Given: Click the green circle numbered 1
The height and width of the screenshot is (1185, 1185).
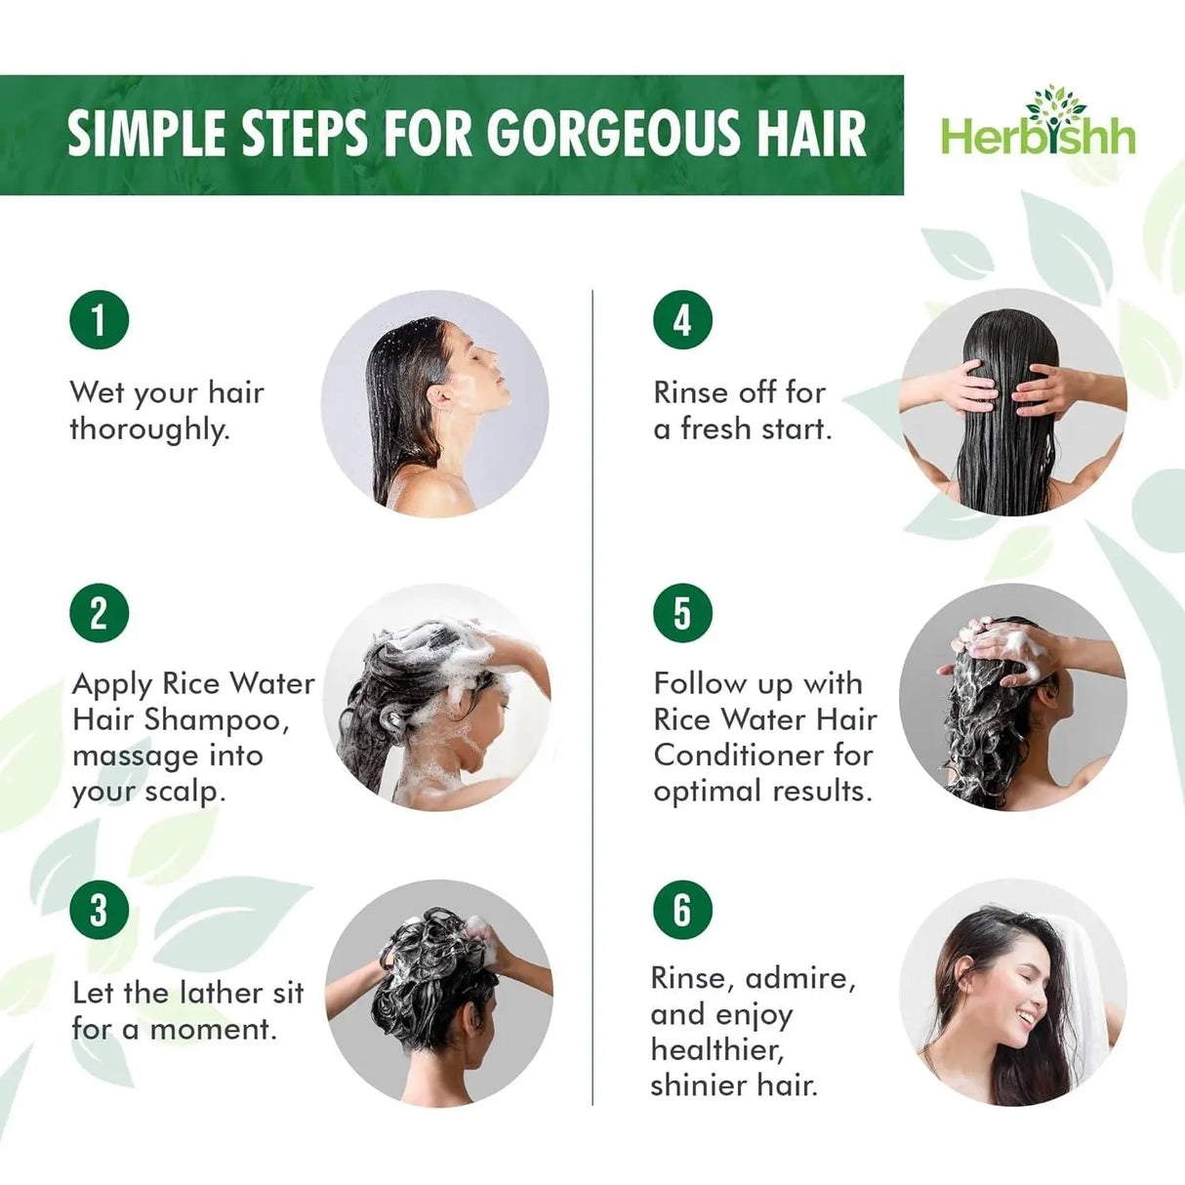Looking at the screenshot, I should tap(99, 319).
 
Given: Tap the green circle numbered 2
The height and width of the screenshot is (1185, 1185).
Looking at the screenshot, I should tap(99, 613).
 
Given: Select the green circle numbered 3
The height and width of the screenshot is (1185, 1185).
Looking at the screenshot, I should tap(99, 910).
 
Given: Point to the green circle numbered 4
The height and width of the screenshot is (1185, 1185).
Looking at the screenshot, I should tap(682, 319).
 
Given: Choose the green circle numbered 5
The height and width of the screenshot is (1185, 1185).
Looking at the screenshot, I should tap(682, 613).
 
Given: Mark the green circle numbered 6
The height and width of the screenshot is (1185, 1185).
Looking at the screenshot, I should tap(682, 910).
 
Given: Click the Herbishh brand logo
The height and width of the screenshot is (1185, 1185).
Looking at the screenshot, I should tap(1038, 134).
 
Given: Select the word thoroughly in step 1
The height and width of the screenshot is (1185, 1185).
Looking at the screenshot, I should tap(149, 429).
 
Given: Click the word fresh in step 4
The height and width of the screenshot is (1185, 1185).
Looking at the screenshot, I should tap(725, 429).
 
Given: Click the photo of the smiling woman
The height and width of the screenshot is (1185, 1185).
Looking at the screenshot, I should tap(1012, 993).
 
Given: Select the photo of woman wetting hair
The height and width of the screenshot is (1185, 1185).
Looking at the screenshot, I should tap(435, 403).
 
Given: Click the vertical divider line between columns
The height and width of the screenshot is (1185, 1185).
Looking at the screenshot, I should tap(592, 698).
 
